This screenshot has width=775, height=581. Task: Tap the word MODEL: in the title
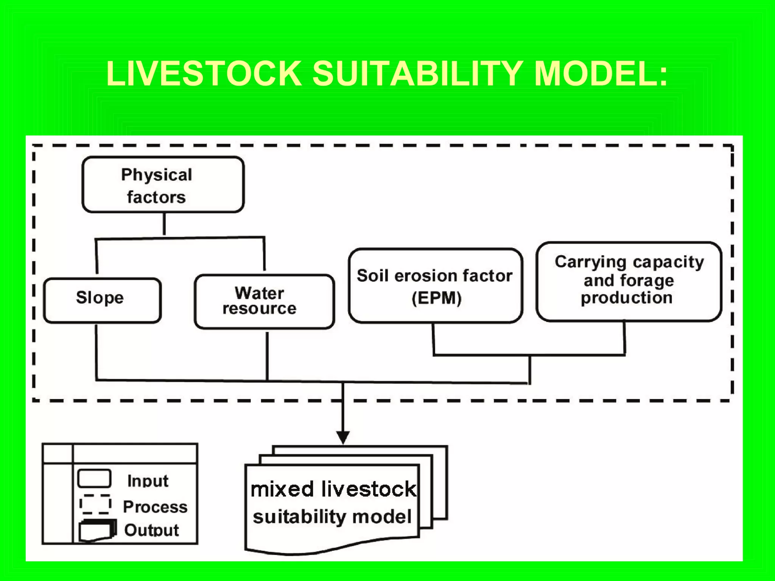click(601, 74)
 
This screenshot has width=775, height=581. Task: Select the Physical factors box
click(163, 185)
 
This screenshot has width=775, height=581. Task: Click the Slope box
click(102, 300)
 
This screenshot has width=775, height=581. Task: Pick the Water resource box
click(264, 301)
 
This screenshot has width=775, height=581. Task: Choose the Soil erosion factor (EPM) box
click(435, 286)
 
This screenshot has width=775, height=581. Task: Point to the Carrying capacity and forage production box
click(629, 281)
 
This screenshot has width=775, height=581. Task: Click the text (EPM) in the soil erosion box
click(436, 298)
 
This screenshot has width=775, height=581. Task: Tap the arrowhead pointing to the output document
click(343, 438)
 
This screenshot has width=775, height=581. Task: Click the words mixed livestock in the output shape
click(333, 489)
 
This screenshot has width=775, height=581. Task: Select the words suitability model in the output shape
click(332, 517)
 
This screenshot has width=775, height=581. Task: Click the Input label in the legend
click(148, 481)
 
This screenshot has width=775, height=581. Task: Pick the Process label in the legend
click(155, 507)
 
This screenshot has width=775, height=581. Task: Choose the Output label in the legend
click(151, 530)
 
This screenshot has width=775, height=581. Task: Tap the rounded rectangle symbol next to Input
click(94, 478)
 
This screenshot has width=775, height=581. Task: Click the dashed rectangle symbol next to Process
click(95, 504)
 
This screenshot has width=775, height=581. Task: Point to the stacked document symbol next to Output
click(97, 531)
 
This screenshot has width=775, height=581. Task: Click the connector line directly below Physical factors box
click(164, 224)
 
